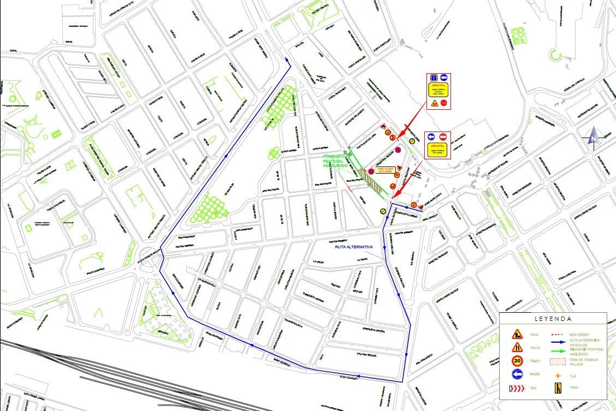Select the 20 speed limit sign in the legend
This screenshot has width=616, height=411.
click(x=517, y=361)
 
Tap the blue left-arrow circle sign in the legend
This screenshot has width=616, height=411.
click(x=517, y=374)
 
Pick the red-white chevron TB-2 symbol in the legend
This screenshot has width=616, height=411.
click(x=517, y=388)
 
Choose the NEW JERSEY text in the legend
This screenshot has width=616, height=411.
click(x=580, y=334)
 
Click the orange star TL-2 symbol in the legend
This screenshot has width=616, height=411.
click(x=558, y=376)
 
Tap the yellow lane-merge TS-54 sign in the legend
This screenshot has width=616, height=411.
click(x=558, y=388)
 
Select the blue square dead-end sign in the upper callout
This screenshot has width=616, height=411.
click(x=433, y=78)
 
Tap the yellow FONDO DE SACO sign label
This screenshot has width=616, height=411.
click(x=381, y=170)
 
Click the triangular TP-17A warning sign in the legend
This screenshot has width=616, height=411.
click(x=517, y=347)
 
